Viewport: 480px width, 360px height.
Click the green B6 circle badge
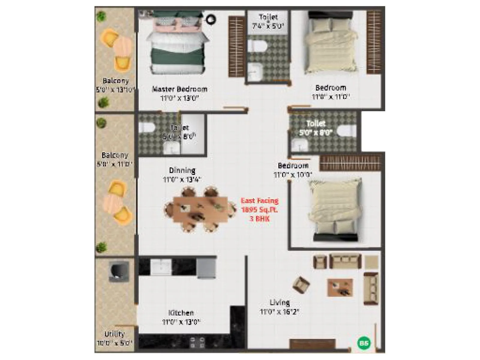364,343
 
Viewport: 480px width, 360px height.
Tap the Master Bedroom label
180,89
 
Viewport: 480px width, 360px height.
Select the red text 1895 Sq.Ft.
259,210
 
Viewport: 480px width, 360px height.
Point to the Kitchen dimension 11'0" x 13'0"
181,322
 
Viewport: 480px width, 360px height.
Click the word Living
280,302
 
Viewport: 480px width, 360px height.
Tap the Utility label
115,334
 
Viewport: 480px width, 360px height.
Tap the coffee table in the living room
340,287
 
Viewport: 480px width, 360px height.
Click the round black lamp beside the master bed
211,19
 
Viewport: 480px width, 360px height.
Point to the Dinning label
182,170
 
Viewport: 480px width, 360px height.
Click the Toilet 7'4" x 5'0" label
268,21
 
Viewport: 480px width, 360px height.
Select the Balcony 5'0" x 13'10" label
115,85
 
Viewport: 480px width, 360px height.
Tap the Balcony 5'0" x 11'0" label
115,160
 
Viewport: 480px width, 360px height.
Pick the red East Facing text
260,201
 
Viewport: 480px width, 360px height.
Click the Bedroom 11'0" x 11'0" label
331,92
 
